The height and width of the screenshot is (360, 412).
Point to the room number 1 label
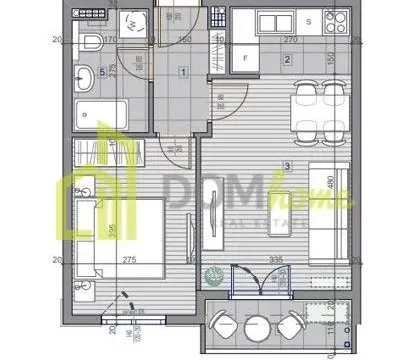click(x=183, y=71)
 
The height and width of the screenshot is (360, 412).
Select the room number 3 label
click(x=287, y=166)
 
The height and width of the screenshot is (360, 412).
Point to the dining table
click(x=318, y=108)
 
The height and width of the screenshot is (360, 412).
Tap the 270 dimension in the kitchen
click(x=291, y=40)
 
